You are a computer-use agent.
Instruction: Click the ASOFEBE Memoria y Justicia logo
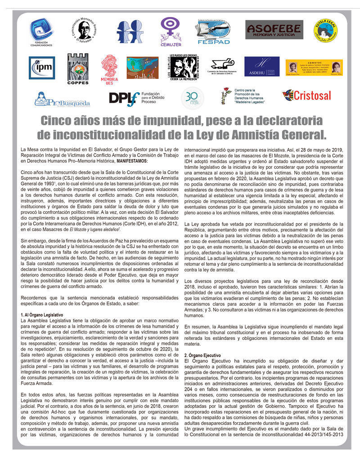(274, 30)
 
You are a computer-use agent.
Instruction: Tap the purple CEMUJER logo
(171, 32)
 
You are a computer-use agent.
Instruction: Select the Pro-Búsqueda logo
(62, 99)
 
